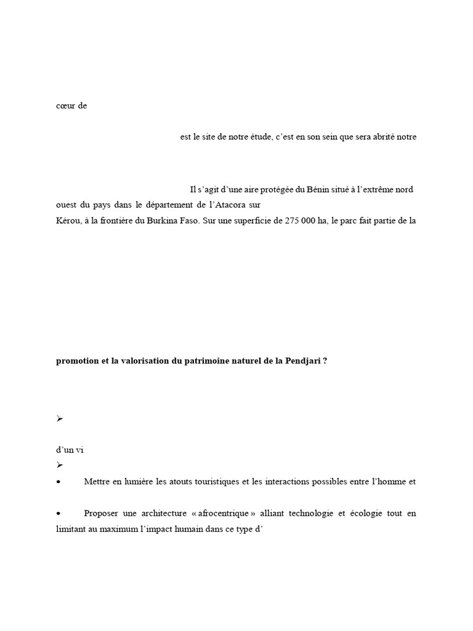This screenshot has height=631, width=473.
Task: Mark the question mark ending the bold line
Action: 325,362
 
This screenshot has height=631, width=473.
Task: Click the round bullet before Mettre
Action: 59,482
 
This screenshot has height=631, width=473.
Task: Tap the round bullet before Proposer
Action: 59,513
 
